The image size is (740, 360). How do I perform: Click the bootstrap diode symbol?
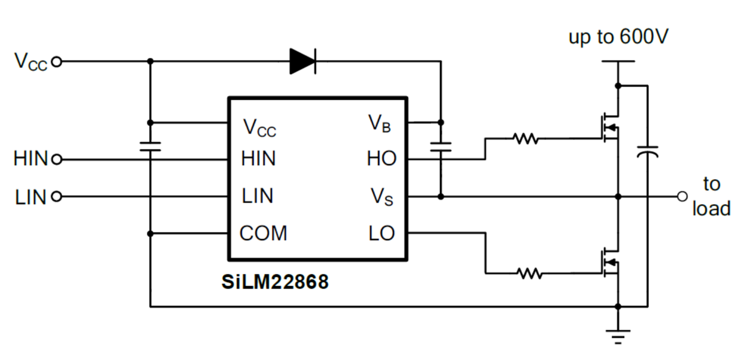303,60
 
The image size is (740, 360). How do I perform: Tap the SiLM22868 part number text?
275,282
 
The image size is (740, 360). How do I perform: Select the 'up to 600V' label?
618,38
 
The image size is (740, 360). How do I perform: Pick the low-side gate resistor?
529,272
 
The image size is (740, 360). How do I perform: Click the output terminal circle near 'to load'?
682,197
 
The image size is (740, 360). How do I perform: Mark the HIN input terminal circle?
56,159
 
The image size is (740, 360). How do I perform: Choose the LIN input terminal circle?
56,197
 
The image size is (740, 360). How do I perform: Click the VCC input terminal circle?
56,60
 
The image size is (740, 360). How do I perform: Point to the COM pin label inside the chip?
264,233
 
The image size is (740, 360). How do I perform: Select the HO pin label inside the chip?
381,159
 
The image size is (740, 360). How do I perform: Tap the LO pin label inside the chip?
381,233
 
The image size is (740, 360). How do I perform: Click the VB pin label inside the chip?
379,123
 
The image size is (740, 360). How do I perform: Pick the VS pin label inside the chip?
382,197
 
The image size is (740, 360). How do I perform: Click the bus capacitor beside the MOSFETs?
647,151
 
